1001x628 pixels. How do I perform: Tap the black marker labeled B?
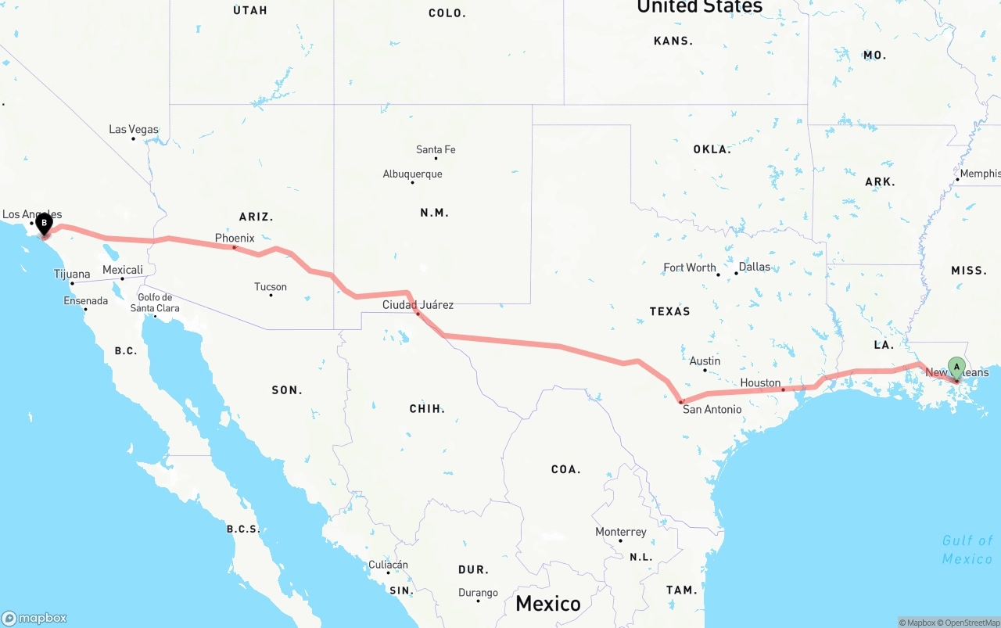point(45,224)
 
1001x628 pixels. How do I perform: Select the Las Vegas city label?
point(134,129)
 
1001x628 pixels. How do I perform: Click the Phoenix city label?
point(235,238)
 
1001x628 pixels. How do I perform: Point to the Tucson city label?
point(271,287)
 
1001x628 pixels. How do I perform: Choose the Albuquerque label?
point(412,174)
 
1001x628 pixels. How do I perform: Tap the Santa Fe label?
point(436,149)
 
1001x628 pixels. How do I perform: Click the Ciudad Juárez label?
point(418,304)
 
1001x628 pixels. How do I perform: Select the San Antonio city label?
point(712,409)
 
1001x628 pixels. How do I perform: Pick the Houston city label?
point(760,383)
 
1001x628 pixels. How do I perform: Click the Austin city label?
point(705,361)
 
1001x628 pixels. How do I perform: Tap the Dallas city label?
point(754,267)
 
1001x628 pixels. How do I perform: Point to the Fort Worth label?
point(690,267)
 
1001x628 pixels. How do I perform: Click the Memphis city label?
point(980,174)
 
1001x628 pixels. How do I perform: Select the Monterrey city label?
point(621,532)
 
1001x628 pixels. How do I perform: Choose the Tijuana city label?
point(72,274)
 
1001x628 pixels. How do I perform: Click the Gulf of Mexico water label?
point(967,549)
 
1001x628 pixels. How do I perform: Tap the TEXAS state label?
point(669,311)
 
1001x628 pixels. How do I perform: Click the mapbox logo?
point(34,618)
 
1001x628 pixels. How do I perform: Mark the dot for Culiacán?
point(389,572)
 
